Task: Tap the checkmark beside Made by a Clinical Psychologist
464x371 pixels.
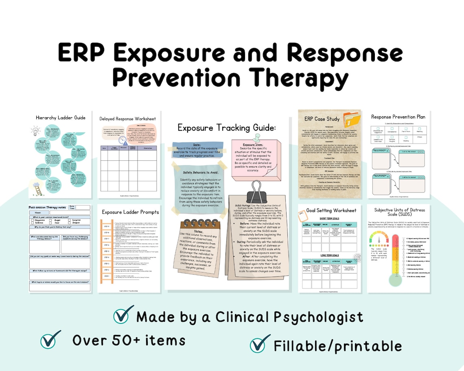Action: click(123, 315)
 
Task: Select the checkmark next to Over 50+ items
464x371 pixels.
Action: click(50, 339)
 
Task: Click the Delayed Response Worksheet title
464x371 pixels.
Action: click(127, 119)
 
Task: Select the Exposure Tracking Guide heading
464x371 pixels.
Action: click(227, 128)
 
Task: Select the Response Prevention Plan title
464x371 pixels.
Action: click(398, 117)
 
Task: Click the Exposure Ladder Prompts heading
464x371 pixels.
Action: click(130, 212)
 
